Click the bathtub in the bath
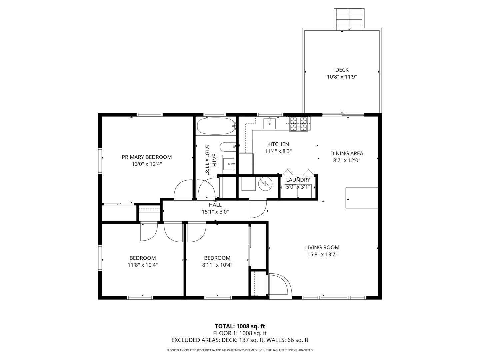(216, 126)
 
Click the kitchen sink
(269, 123)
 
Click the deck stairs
(349, 19)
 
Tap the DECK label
(342, 70)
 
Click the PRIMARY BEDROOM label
(147, 157)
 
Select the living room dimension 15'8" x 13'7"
(322, 254)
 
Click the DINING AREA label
(347, 153)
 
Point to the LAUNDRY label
(298, 180)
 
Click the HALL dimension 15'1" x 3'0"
(215, 212)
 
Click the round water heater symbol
(265, 184)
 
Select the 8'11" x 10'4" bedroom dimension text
(217, 265)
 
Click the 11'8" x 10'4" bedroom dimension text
(143, 265)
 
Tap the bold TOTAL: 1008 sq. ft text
(240, 326)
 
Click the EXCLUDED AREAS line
(240, 340)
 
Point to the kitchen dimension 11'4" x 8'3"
(278, 151)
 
